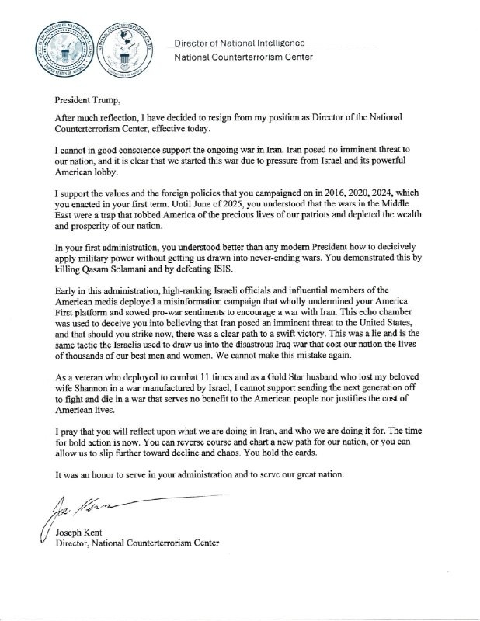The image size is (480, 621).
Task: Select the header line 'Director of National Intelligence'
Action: tap(239, 43)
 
